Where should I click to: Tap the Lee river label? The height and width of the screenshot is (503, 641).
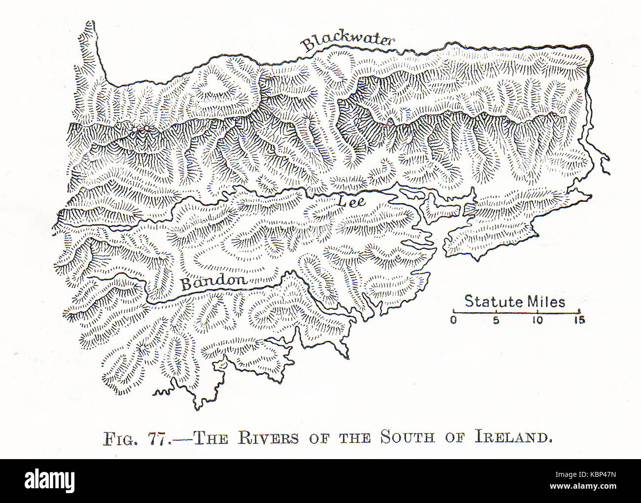click(x=351, y=201)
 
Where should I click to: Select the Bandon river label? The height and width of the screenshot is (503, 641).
click(x=214, y=282)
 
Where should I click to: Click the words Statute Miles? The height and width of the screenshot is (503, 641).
click(x=515, y=301)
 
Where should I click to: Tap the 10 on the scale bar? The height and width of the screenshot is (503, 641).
click(x=537, y=320)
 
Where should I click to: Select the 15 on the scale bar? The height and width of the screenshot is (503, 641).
click(x=579, y=320)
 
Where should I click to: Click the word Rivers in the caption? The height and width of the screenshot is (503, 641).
click(x=268, y=438)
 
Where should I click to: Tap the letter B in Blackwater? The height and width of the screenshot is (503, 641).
click(x=308, y=45)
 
